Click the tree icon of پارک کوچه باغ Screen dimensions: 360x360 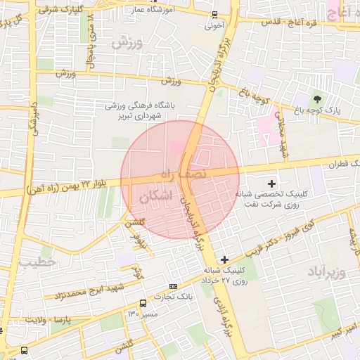(x=318, y=98)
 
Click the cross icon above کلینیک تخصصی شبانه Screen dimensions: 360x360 (x=272, y=183)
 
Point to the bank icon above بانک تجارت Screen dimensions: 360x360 (x=174, y=286)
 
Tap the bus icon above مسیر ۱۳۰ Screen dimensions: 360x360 (x=143, y=303)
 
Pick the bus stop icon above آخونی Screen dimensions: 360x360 (x=214, y=15)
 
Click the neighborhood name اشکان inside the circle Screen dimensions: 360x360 (x=155, y=198)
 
